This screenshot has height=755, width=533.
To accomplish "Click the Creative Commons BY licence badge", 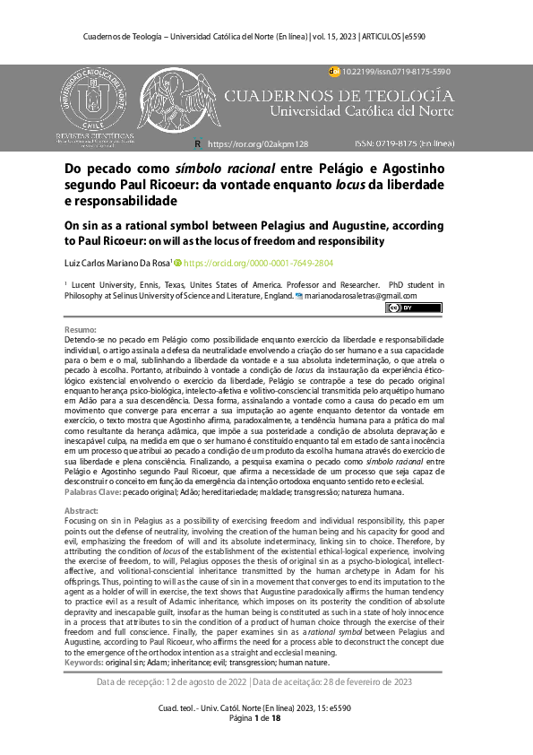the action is [x=400, y=308].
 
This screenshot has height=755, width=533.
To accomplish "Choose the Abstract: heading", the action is [x=83, y=509].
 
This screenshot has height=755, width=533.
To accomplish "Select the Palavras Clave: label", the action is [x=93, y=493].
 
